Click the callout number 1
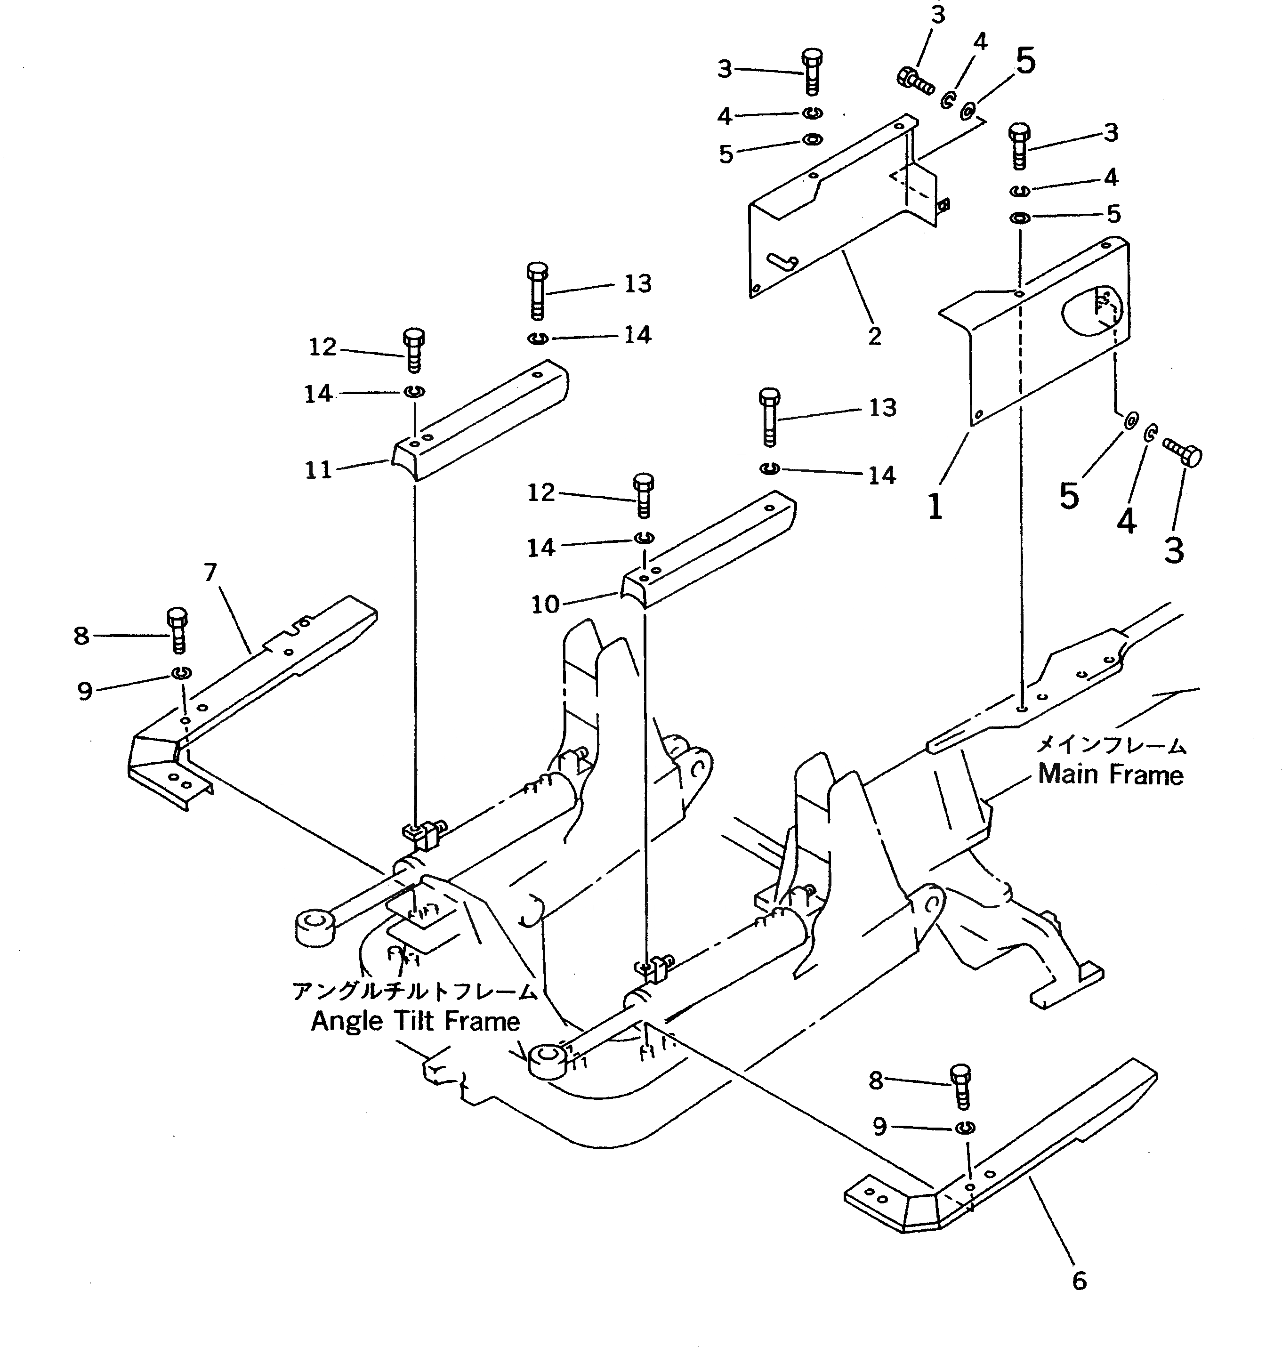click(x=935, y=507)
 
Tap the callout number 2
click(x=875, y=336)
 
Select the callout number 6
click(x=1079, y=1280)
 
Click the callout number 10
click(x=545, y=604)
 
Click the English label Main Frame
click(x=1111, y=774)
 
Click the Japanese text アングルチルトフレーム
click(x=415, y=990)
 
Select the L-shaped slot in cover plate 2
click(x=782, y=261)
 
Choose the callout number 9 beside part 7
click(x=85, y=691)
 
